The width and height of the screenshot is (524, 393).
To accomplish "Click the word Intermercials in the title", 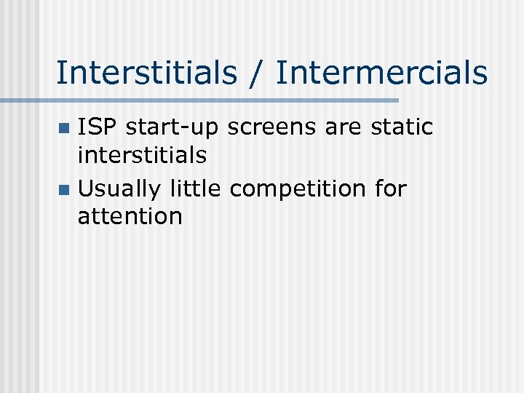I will pos(381,73).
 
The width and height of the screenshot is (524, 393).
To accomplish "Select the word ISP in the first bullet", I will pos(98,127).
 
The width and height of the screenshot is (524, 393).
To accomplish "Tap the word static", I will pos(402,127).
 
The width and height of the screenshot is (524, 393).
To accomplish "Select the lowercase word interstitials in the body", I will pos(142,154).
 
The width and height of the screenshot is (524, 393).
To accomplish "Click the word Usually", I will pos(120,188).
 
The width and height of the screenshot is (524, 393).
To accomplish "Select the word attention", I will pos(130,215).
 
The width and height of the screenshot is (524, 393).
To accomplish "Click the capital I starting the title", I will pos(60,73).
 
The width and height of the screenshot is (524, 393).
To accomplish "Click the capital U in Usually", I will pos(86,188).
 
